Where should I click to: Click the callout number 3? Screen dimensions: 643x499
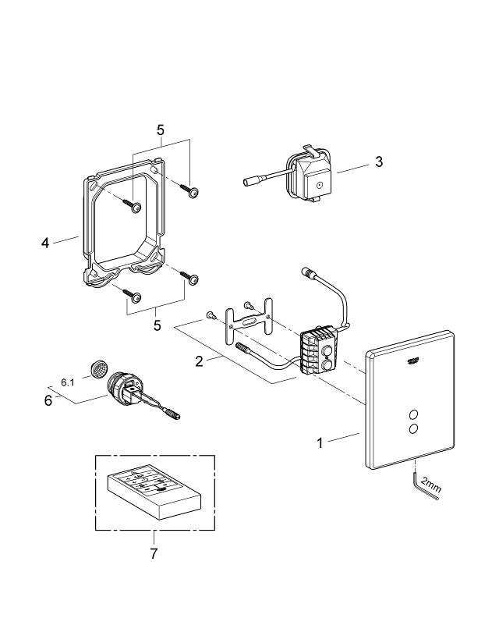point(378,162)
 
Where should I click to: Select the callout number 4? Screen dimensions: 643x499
point(45,243)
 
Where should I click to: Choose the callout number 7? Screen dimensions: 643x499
point(154,553)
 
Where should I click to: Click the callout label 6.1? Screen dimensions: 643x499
point(68,382)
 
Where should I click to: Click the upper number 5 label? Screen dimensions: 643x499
point(161,130)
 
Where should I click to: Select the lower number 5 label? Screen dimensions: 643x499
point(157,325)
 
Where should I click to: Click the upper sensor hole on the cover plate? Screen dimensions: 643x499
point(412,413)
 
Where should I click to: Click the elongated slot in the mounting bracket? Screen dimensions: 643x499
point(249,320)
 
